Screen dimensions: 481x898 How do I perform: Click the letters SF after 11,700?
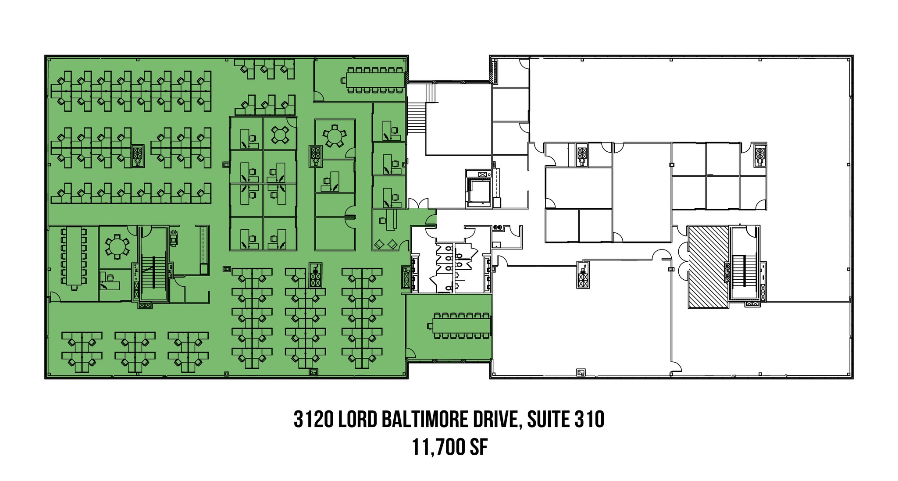click(479, 448)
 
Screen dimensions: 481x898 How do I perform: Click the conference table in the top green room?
click(375, 80)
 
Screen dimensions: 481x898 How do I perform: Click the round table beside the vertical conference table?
click(117, 246)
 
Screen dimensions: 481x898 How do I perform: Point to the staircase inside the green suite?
click(153, 272)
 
